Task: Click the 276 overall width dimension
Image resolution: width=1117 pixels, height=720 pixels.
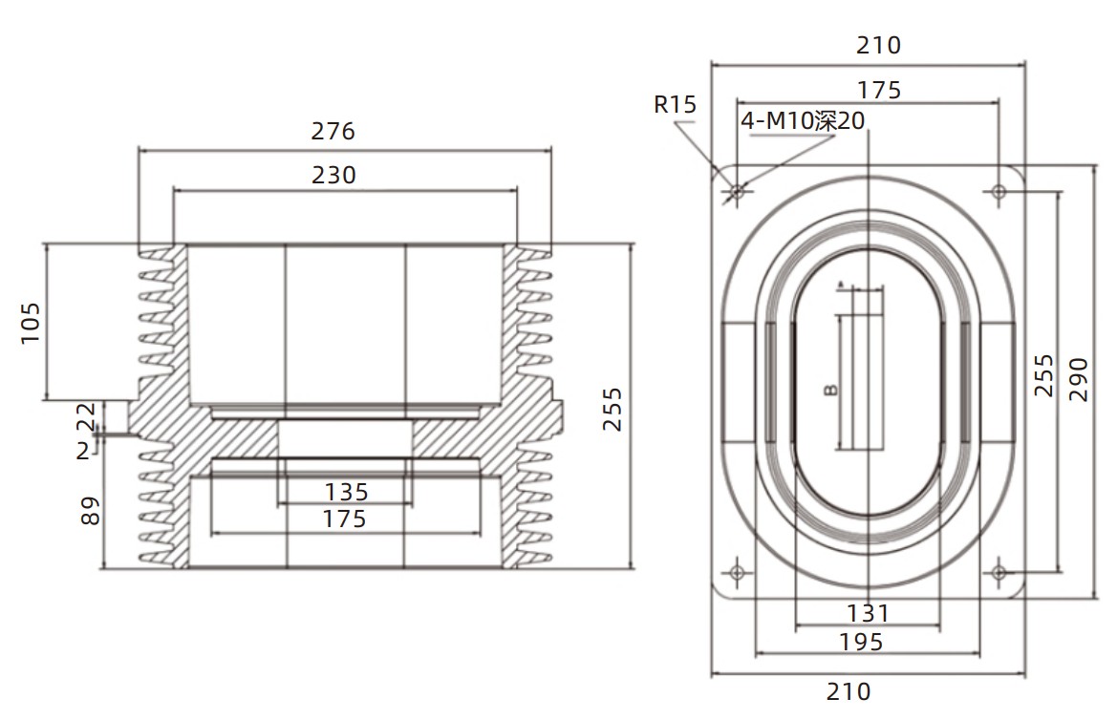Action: (333, 131)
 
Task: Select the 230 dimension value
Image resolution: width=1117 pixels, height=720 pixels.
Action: (333, 175)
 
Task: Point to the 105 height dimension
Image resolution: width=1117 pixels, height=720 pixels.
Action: (30, 324)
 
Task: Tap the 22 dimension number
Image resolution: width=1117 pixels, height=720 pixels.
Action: (85, 416)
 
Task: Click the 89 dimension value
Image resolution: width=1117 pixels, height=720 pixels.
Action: (90, 511)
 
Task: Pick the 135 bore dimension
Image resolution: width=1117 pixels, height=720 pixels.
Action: (346, 492)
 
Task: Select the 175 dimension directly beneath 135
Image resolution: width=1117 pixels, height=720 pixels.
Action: (344, 519)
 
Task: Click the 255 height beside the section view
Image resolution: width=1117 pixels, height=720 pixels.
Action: (612, 409)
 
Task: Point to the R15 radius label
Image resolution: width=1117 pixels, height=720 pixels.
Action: (675, 105)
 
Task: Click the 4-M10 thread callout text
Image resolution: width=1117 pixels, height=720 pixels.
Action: (803, 120)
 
